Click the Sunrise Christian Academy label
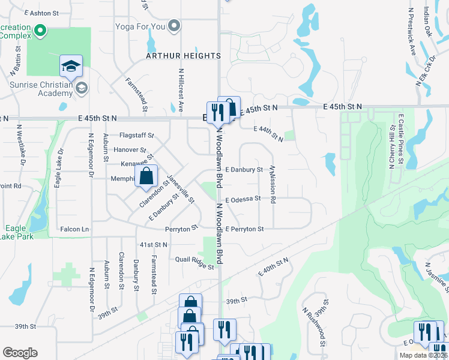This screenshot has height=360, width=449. pos(41,89)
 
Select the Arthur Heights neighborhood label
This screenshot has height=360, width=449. pos(183,56)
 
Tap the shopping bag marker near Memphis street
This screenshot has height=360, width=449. pos(146,176)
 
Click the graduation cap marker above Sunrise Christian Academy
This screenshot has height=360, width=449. pos(71,66)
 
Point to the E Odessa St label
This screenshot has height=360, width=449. pos(243,199)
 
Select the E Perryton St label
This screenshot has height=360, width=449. pos(245,229)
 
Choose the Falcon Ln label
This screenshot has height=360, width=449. pos(74,229)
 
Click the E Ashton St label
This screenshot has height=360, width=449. pos(41,13)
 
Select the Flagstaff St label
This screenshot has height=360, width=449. pos(136,136)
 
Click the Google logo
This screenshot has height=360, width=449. pos(20,353)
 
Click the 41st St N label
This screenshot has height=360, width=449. pos(153,245)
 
